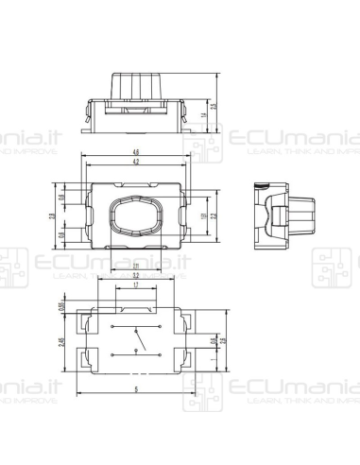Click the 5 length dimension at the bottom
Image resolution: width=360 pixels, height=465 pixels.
point(136,388)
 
